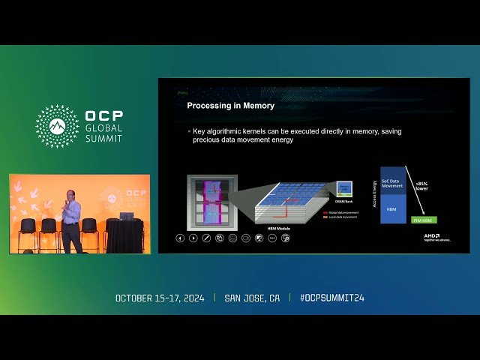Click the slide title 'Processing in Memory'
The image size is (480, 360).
click(230, 106)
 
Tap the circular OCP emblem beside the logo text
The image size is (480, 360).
click(57, 126)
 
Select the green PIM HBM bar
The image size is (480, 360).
click(424, 220)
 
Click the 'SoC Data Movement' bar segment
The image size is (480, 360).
click(392, 183)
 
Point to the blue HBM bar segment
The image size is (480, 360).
click(392, 209)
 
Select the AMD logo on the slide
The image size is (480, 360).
click(431, 235)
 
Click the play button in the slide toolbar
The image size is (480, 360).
click(193, 238)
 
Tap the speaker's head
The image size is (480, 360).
click(69, 194)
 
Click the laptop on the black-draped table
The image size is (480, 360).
click(126, 216)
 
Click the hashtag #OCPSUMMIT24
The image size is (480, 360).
click(332, 298)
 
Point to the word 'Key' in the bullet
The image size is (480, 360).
click(199, 130)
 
